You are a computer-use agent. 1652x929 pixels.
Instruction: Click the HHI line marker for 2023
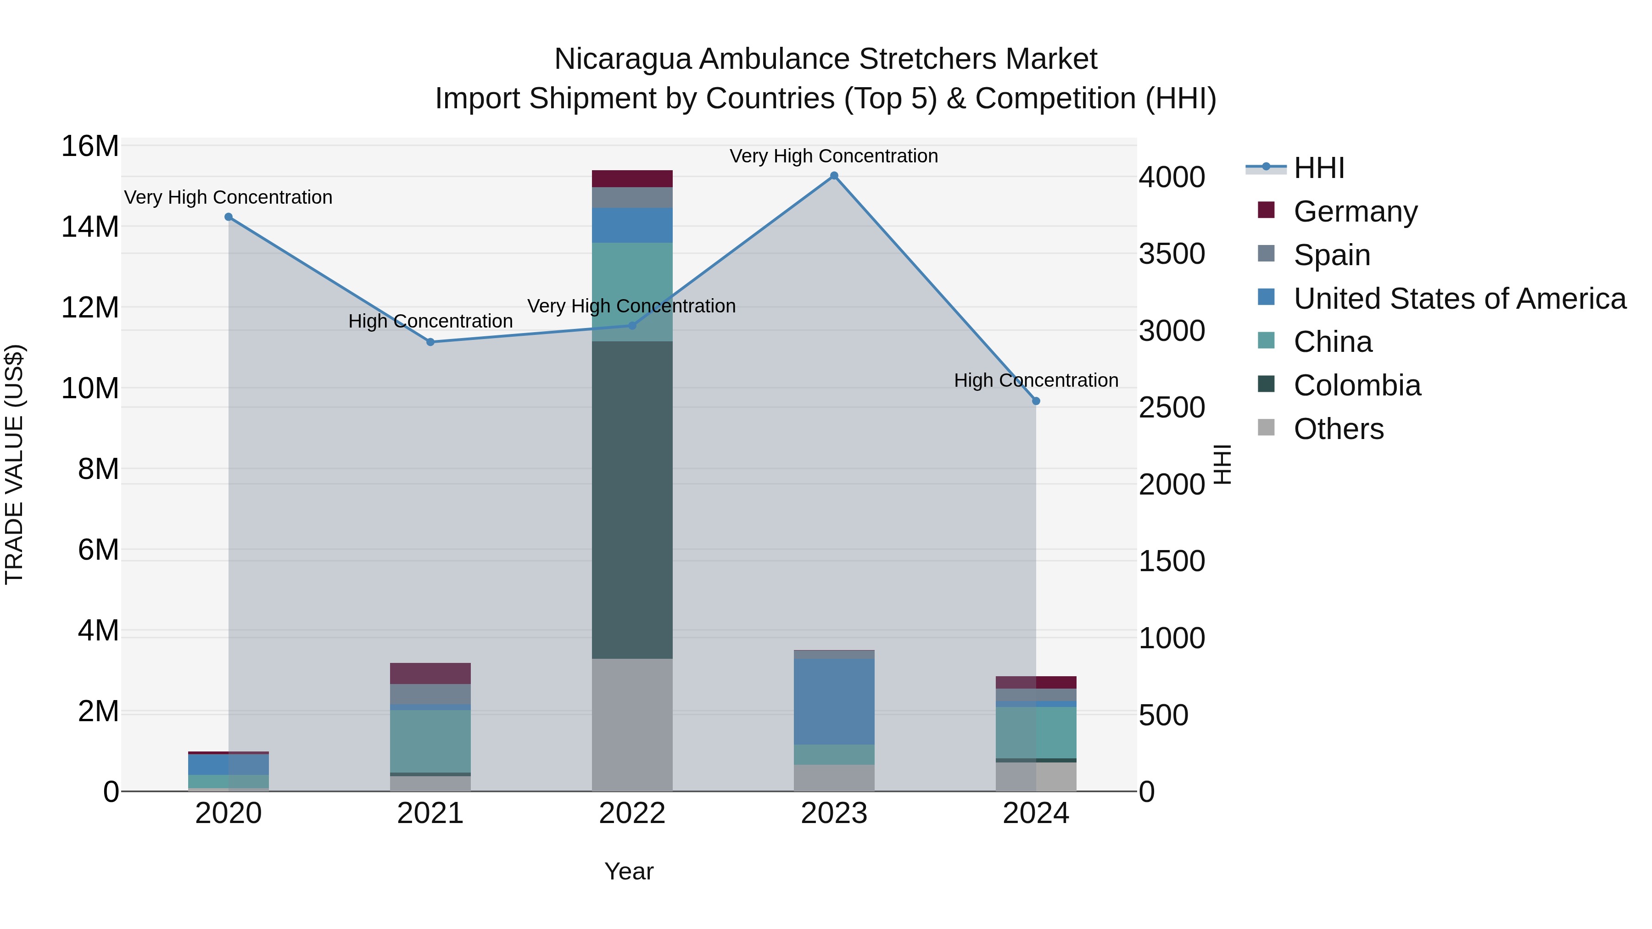pos(834,176)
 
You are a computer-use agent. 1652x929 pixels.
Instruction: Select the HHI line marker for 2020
pos(229,217)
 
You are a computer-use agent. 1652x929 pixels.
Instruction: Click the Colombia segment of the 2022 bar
pos(632,500)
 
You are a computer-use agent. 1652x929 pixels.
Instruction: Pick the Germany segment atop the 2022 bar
pos(632,178)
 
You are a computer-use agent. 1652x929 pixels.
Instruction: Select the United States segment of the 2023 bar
pos(834,701)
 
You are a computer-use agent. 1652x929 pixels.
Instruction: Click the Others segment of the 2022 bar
pos(632,724)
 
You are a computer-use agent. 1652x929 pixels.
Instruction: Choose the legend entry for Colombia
pos(1356,385)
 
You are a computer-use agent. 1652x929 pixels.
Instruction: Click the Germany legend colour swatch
pos(1266,210)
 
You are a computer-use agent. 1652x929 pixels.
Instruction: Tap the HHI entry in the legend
pos(1318,168)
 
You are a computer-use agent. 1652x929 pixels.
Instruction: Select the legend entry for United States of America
pos(1459,299)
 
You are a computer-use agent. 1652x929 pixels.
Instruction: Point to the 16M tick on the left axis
pos(90,146)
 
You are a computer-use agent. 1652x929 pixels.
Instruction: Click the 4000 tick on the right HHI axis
pos(1172,178)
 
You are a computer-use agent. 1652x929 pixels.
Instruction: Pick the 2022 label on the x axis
pos(632,813)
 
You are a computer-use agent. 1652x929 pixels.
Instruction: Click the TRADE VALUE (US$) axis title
pos(14,464)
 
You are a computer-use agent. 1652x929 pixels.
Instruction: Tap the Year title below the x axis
pos(629,871)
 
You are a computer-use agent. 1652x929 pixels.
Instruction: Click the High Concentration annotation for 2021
pos(430,321)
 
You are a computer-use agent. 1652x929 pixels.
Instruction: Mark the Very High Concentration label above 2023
pos(834,156)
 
